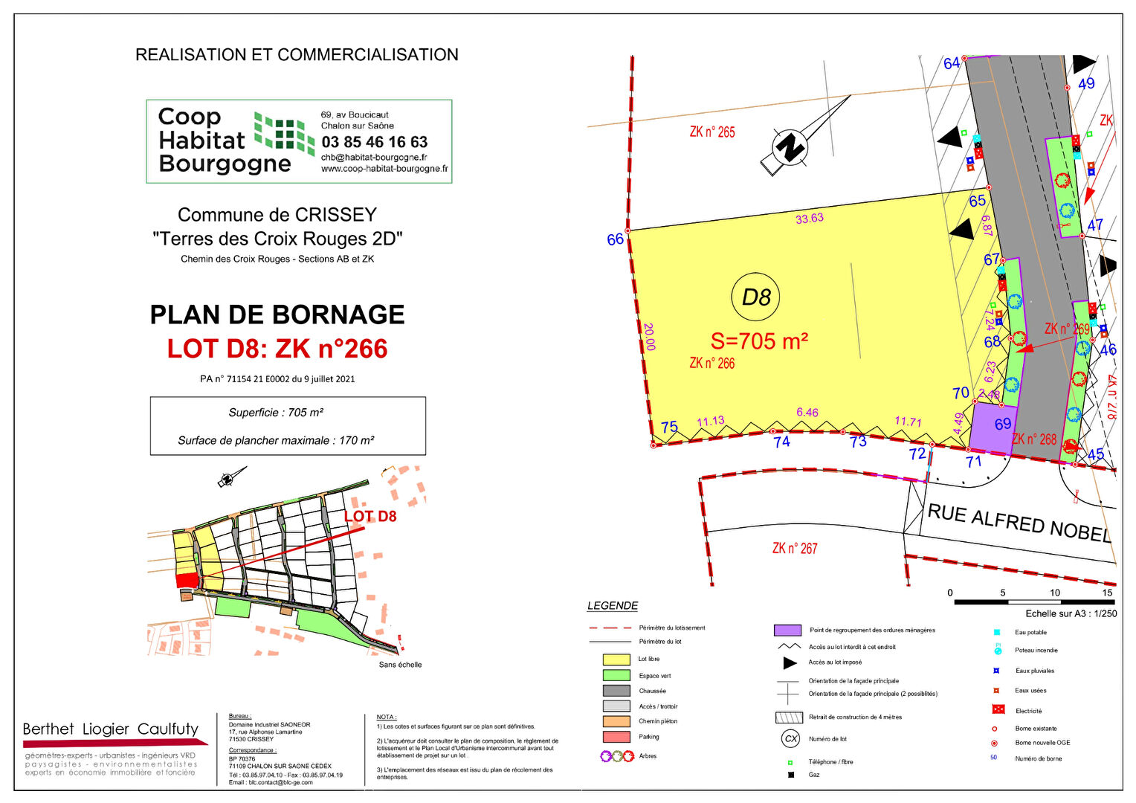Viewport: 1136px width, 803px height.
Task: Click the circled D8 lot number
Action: [x=756, y=297]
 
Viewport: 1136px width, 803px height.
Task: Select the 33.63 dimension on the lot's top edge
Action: [x=810, y=219]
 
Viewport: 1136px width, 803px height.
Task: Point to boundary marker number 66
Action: [x=616, y=239]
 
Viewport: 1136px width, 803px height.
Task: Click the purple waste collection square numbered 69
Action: [x=994, y=425]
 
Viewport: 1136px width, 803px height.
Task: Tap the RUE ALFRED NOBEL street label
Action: [x=1019, y=522]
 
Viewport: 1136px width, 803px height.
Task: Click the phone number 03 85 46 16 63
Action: [x=375, y=141]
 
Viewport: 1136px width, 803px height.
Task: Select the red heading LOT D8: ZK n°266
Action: [x=277, y=348]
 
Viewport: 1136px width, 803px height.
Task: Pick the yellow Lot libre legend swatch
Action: [x=616, y=660]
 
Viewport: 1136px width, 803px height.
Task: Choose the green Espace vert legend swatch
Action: [x=616, y=675]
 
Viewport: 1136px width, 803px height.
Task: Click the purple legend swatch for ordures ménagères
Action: [x=787, y=630]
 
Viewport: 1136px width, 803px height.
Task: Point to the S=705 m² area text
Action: [x=759, y=341]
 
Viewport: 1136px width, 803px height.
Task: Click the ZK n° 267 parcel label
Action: [x=794, y=548]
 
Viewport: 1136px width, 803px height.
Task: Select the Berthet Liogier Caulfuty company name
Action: [x=111, y=729]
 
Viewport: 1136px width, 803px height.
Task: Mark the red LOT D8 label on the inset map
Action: [x=370, y=516]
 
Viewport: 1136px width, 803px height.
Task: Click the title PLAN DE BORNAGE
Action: [x=277, y=315]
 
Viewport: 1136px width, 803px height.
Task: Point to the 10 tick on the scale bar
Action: [x=1055, y=593]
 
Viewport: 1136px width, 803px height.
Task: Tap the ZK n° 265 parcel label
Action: [x=711, y=132]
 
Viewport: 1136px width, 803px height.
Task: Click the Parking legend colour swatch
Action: [x=616, y=737]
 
